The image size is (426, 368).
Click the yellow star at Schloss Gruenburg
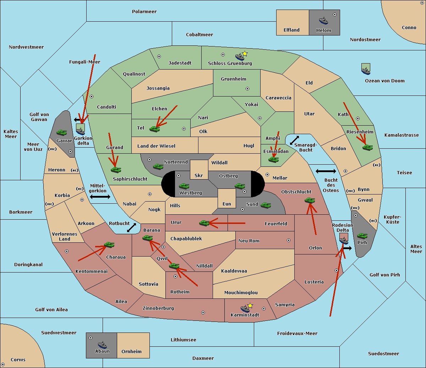tap(245, 54)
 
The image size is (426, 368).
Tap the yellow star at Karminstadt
tap(250, 306)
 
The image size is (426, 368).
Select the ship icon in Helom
tap(323, 21)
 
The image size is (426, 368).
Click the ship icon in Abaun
tap(102, 345)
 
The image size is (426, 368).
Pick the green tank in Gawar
tap(62, 132)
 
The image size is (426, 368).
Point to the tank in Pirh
tap(362, 236)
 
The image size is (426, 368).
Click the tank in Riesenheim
tap(367, 147)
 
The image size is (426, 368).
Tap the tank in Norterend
tap(158, 166)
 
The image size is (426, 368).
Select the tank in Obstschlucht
tap(310, 200)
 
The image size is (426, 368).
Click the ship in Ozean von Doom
tap(366, 70)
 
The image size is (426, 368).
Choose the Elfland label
tap(291, 30)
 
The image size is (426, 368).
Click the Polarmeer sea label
tap(144, 12)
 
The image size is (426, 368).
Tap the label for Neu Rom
tap(249, 241)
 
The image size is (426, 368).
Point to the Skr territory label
tap(199, 176)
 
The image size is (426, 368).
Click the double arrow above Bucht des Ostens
tap(326, 171)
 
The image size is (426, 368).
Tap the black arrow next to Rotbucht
tap(132, 227)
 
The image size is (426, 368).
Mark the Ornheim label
tap(131, 352)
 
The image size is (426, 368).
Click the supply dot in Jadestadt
tap(159, 56)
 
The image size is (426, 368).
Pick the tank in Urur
tap(204, 223)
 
